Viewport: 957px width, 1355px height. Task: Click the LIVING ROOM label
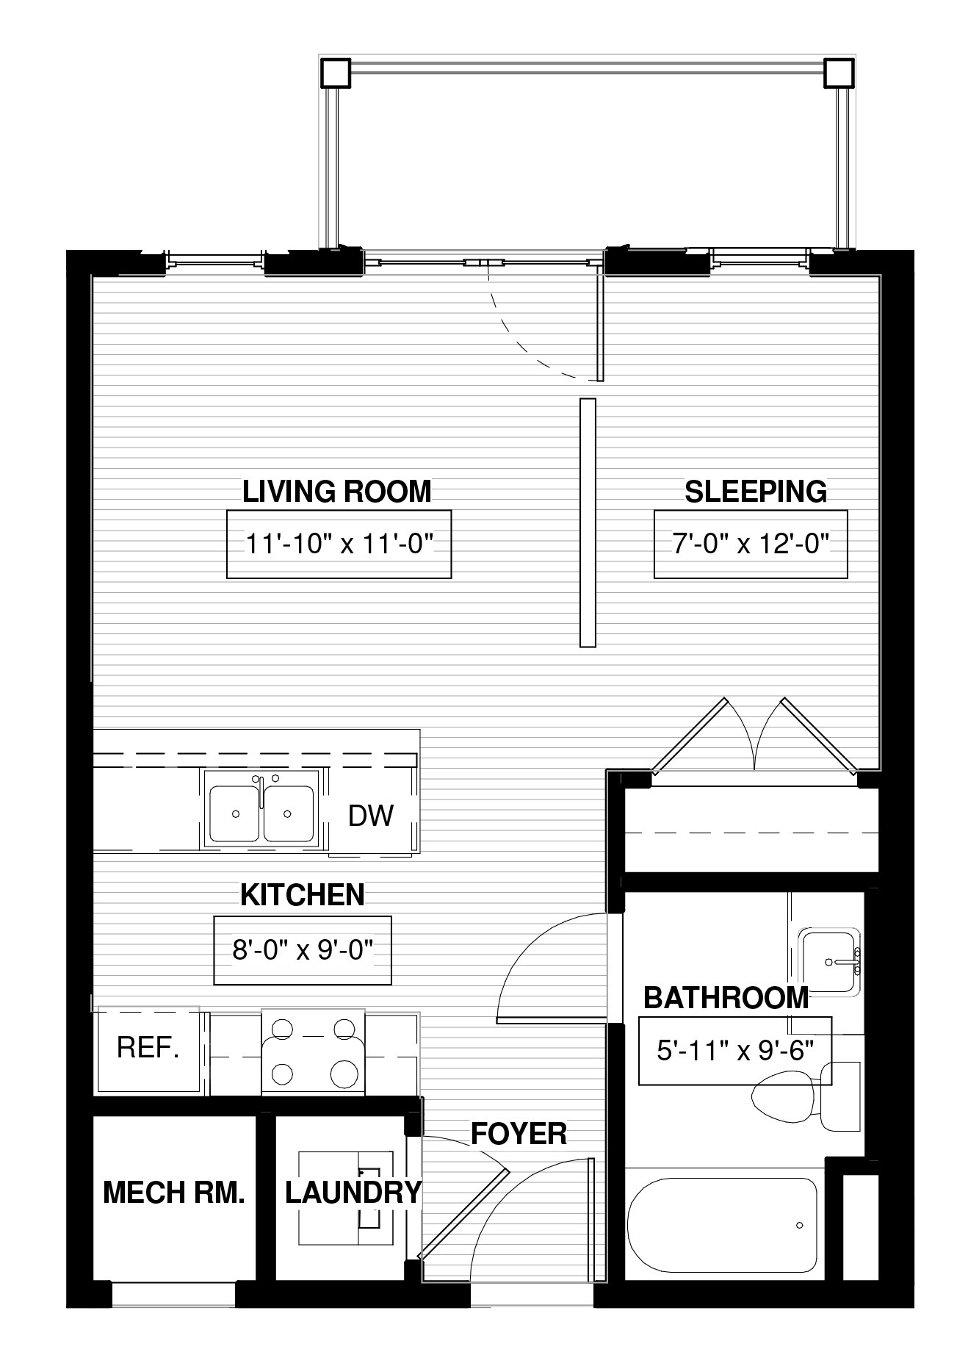[337, 492]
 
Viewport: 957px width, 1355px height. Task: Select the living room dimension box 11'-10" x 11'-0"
[339, 544]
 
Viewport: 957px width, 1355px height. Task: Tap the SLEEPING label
[756, 492]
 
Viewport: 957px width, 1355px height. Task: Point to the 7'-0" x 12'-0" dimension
[751, 544]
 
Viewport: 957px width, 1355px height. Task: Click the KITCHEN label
[303, 895]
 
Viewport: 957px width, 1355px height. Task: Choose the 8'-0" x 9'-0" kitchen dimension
[303, 950]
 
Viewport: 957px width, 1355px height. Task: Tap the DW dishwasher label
[371, 815]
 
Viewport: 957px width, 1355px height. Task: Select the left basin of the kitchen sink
[235, 813]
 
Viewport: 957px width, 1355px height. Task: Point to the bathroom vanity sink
[829, 962]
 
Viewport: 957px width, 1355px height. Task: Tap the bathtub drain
[799, 1225]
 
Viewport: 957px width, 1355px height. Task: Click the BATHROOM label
[726, 997]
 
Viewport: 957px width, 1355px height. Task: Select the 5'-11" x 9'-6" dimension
[735, 1051]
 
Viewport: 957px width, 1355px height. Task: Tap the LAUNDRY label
[353, 1192]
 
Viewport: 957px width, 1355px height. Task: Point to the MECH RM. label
[174, 1192]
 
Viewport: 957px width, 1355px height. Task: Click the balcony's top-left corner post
[336, 73]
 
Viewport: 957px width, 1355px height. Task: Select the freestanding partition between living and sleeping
[588, 523]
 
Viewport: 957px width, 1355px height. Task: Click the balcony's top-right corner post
[839, 73]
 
